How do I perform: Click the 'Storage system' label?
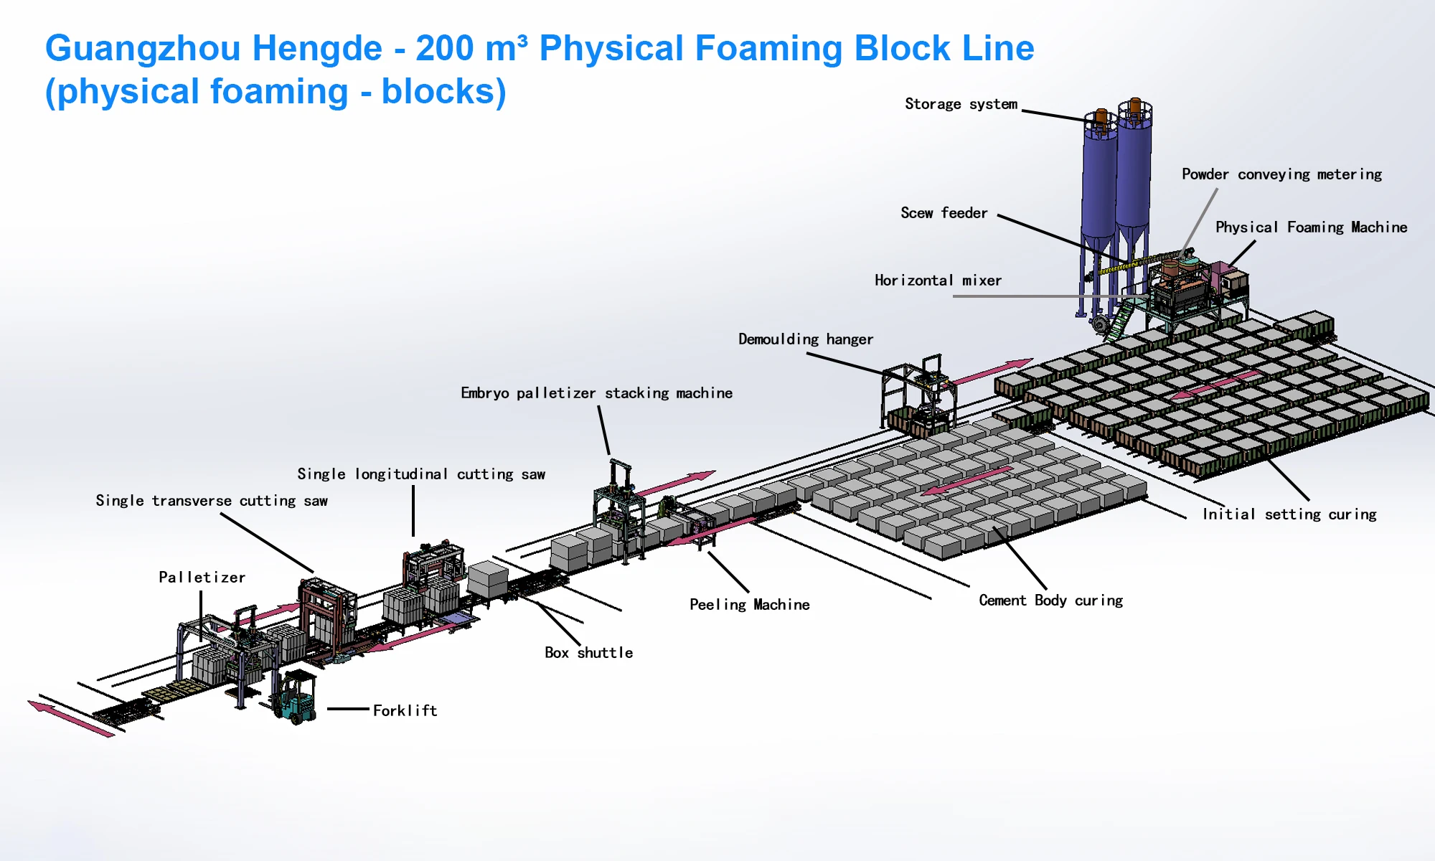tap(961, 104)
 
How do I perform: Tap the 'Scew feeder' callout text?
tap(944, 213)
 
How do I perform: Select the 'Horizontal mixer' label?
tap(938, 281)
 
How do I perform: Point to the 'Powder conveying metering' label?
tap(1281, 174)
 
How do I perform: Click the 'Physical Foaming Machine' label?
tap(1311, 227)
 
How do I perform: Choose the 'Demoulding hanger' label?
tap(806, 339)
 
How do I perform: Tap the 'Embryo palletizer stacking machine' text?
tap(596, 393)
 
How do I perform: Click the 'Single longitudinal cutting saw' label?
tap(421, 474)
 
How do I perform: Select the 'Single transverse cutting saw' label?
tap(212, 501)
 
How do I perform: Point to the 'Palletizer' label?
tap(202, 578)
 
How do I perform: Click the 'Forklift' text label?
tap(405, 710)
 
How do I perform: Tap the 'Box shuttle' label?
tap(588, 653)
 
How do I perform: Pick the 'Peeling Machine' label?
tap(749, 605)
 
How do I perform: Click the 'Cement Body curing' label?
tap(1050, 601)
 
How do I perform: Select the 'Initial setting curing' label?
tap(1289, 514)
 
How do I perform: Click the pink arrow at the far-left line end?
tap(70, 718)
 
